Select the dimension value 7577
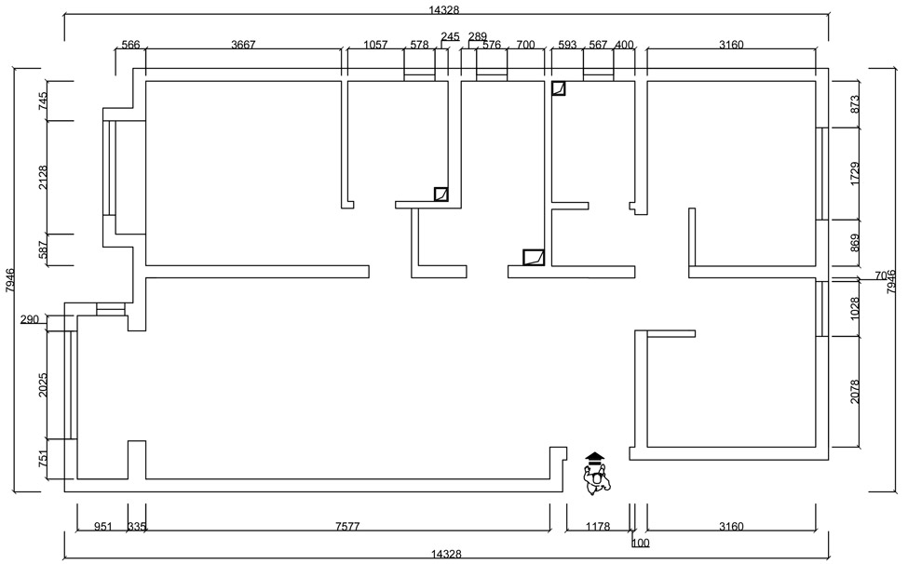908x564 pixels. (x=347, y=527)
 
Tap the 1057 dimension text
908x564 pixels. (x=375, y=45)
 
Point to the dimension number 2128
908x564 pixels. (x=43, y=178)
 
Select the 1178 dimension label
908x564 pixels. (x=597, y=527)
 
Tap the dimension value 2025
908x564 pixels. (x=43, y=385)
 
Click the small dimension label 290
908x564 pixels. (x=30, y=320)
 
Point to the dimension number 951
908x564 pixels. (x=103, y=527)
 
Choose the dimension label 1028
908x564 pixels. (x=855, y=308)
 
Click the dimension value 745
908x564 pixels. (x=43, y=101)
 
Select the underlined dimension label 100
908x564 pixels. (x=641, y=543)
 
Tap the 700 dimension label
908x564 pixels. (x=525, y=45)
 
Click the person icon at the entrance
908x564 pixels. (x=595, y=479)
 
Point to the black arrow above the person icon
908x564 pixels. (x=595, y=457)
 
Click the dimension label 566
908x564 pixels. (x=130, y=45)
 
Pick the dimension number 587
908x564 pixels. (x=43, y=249)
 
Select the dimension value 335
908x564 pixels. (x=137, y=527)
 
